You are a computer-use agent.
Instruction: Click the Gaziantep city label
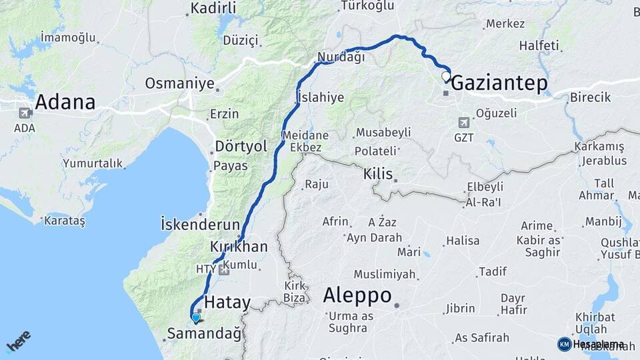pos(499,83)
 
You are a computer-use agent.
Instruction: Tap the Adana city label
pos(65,103)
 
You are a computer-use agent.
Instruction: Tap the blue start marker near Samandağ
pos(195,318)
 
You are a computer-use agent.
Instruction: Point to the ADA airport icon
pos(25,113)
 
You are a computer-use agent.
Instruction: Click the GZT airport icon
pos(463,123)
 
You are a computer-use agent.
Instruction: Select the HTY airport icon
pos(223,269)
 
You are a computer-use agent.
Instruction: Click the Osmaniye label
pos(179,84)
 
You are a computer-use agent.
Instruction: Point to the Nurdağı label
pos(341,57)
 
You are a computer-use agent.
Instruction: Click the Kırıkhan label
pos(238,247)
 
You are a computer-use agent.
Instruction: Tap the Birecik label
pos(590,97)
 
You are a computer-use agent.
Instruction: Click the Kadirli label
pos(213,9)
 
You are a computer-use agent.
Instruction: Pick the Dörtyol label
pos(241,146)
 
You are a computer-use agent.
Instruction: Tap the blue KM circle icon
pos(564,344)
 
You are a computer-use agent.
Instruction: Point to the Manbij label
pos(603,221)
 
